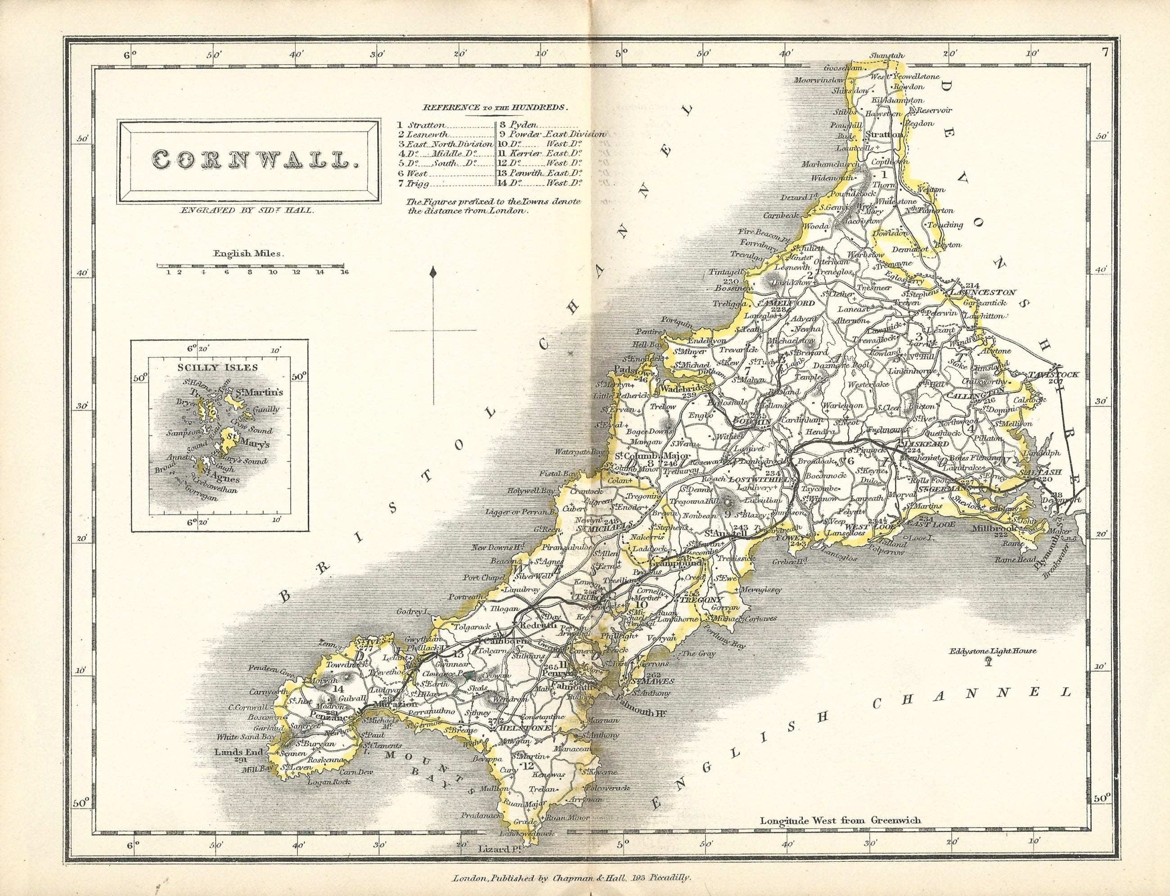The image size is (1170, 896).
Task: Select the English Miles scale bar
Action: click(x=250, y=264)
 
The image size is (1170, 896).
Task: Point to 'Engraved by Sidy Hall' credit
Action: click(x=247, y=210)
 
